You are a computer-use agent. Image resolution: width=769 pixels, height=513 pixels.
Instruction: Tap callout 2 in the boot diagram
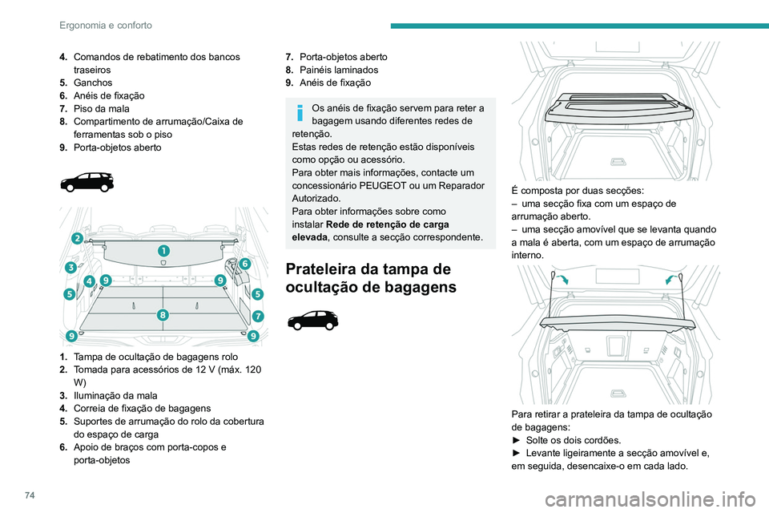click(76, 238)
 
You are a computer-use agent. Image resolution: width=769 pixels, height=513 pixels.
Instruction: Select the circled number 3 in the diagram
click(71, 267)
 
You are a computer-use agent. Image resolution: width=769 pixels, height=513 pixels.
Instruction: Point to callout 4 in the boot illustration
click(89, 281)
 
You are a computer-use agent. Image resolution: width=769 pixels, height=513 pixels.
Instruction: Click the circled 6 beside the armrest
click(244, 263)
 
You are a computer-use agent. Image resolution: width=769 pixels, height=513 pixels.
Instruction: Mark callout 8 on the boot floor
click(163, 315)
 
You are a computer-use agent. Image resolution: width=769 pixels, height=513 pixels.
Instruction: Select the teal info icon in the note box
click(300, 112)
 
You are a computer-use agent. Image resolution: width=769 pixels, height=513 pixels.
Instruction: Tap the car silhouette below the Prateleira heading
click(312, 322)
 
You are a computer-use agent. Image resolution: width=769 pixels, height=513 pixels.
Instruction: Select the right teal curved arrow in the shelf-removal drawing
click(670, 279)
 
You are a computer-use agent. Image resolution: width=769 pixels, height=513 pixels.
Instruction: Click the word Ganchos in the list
click(93, 83)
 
